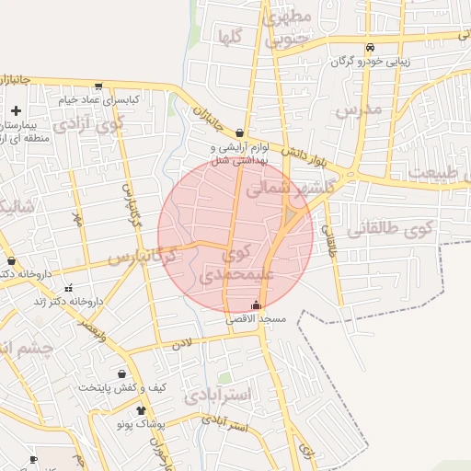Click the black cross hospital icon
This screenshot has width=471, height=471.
pyautogui.click(x=16, y=111)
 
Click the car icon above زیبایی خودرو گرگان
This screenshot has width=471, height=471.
pyautogui.click(x=370, y=48)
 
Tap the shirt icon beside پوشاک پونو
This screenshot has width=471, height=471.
pyautogui.click(x=141, y=410)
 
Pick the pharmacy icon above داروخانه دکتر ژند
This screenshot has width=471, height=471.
pyautogui.click(x=67, y=289)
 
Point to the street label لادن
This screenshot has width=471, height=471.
pyautogui.click(x=180, y=344)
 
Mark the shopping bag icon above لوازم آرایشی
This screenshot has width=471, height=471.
pyautogui.click(x=240, y=132)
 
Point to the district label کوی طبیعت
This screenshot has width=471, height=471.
pyautogui.click(x=434, y=173)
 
